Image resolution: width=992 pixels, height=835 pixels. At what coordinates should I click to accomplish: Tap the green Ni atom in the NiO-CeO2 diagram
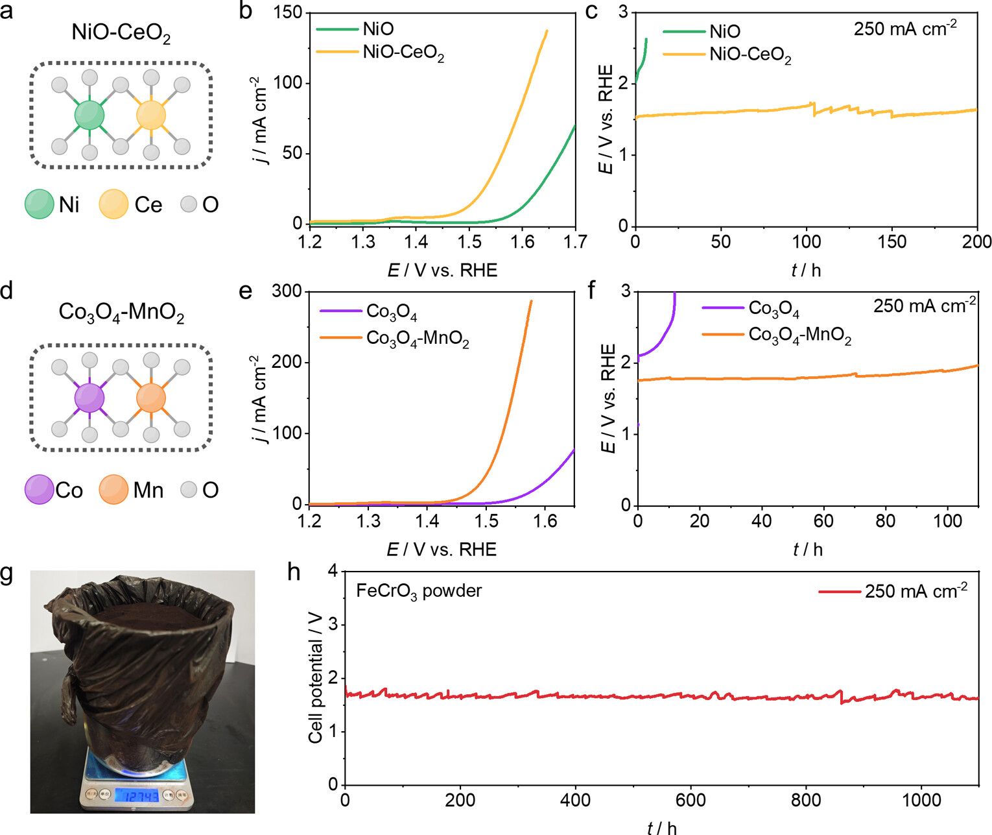pyautogui.click(x=89, y=115)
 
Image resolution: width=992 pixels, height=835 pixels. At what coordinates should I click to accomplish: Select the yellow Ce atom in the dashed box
pyautogui.click(x=151, y=115)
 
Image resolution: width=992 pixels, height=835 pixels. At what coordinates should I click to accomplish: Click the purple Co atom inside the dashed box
pyautogui.click(x=89, y=398)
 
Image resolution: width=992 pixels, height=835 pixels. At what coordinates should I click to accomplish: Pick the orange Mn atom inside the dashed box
pyautogui.click(x=151, y=398)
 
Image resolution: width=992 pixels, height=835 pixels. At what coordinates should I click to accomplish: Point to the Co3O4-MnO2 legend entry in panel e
pyautogui.click(x=418, y=339)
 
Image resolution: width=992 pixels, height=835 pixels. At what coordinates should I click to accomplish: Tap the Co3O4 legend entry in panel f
pyautogui.click(x=774, y=308)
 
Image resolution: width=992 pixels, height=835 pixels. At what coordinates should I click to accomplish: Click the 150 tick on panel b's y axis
pyautogui.click(x=288, y=13)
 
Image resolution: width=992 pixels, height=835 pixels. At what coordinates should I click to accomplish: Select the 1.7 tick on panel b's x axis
pyautogui.click(x=574, y=242)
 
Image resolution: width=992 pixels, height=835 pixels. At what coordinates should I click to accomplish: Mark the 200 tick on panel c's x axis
pyautogui.click(x=976, y=242)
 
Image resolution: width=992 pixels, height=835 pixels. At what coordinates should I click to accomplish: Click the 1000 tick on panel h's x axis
pyautogui.click(x=921, y=801)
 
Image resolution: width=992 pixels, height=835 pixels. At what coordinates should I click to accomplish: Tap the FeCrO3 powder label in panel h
pyautogui.click(x=419, y=591)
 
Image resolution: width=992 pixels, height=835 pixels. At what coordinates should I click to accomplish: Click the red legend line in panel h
pyautogui.click(x=840, y=591)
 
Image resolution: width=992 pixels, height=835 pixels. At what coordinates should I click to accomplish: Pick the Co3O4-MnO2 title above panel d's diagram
pyautogui.click(x=121, y=313)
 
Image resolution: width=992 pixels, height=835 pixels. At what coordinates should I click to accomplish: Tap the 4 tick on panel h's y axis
pyautogui.click(x=333, y=571)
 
